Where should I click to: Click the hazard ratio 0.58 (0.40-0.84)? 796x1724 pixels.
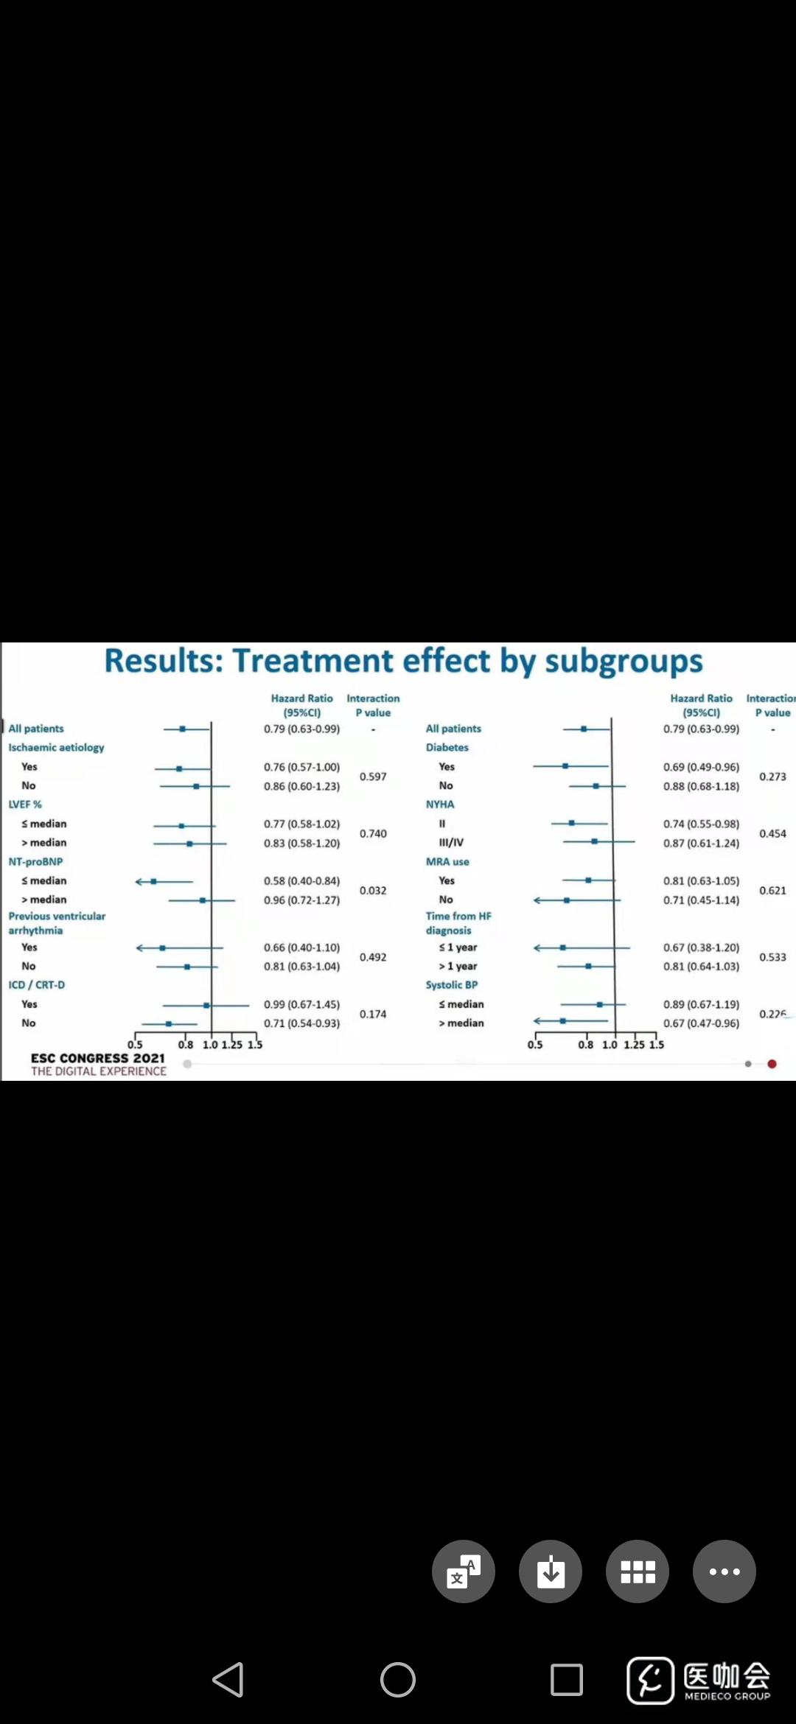tap(301, 880)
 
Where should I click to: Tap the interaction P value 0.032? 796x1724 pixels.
tap(373, 890)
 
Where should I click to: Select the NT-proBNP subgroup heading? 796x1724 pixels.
tap(35, 861)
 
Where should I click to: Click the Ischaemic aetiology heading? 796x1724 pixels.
tap(56, 747)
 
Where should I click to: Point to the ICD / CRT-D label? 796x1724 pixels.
tap(36, 984)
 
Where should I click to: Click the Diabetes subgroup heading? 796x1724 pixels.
tap(447, 747)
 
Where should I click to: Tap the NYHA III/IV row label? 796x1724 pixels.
tap(451, 842)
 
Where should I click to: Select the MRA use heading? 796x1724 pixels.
tap(447, 861)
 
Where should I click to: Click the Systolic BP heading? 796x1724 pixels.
tap(451, 984)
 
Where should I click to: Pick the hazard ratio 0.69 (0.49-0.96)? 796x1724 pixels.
tap(701, 767)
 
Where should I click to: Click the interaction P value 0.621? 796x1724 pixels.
tap(772, 890)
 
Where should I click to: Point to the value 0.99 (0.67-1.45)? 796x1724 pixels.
tap(301, 1004)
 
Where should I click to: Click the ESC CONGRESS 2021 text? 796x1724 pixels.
tap(98, 1058)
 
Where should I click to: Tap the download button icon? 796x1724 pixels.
tap(551, 1571)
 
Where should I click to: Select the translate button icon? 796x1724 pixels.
tap(464, 1571)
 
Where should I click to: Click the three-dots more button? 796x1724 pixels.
tap(725, 1571)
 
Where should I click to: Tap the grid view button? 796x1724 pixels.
tap(638, 1571)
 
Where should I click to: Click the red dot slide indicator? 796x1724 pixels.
tap(772, 1064)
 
